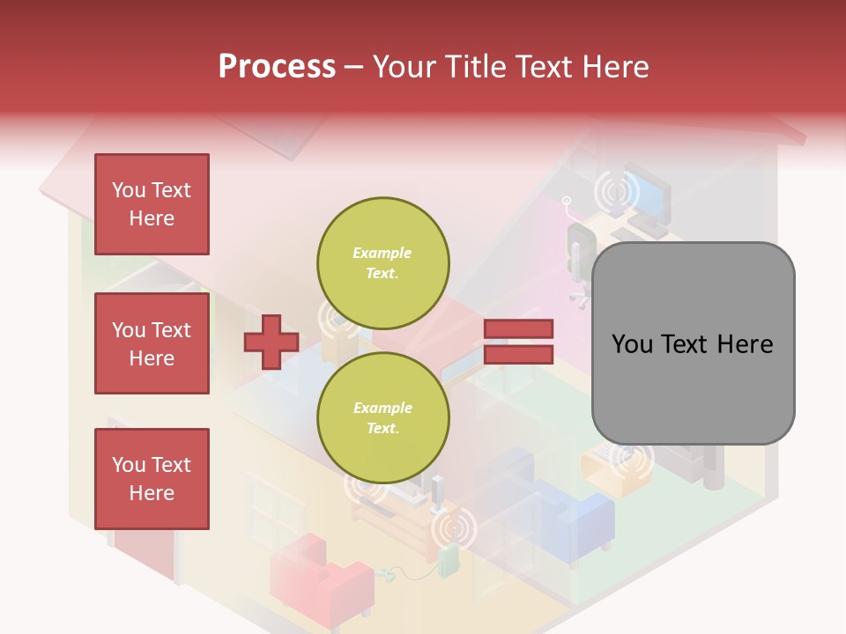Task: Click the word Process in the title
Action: point(277,67)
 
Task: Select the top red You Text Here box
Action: point(152,204)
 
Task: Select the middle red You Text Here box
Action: point(152,343)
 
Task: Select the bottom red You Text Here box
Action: point(152,479)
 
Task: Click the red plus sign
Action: point(271,341)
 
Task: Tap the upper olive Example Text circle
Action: point(383,262)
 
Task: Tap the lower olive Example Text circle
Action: point(383,417)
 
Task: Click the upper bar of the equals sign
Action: point(518,328)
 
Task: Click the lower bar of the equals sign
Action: point(518,354)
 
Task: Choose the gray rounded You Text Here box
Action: point(693,343)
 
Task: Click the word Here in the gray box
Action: point(746,344)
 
